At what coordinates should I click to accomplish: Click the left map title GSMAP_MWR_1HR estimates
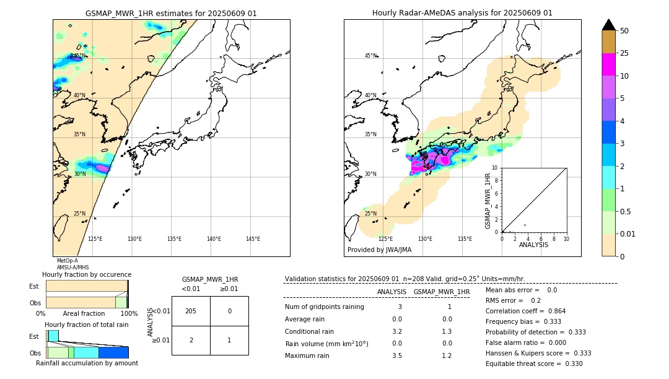click(171, 13)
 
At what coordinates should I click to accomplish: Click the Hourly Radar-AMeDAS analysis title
click(462, 13)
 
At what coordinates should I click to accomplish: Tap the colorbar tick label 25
click(624, 53)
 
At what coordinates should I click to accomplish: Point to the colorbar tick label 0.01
click(628, 233)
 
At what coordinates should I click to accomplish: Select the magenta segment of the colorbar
click(608, 64)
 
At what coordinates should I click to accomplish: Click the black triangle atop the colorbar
click(608, 25)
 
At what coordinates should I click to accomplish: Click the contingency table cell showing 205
click(191, 311)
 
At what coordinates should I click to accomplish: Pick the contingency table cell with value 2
click(191, 340)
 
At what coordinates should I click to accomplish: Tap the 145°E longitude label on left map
click(253, 239)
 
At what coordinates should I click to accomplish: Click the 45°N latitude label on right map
click(370, 56)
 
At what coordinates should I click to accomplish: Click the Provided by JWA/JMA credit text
click(379, 250)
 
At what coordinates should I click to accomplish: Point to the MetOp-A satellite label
click(68, 261)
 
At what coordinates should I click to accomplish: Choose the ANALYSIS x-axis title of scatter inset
click(533, 245)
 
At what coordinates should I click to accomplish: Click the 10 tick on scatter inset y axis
click(496, 168)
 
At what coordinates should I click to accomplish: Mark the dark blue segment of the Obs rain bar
click(113, 352)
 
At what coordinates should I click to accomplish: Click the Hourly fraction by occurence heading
click(87, 274)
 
